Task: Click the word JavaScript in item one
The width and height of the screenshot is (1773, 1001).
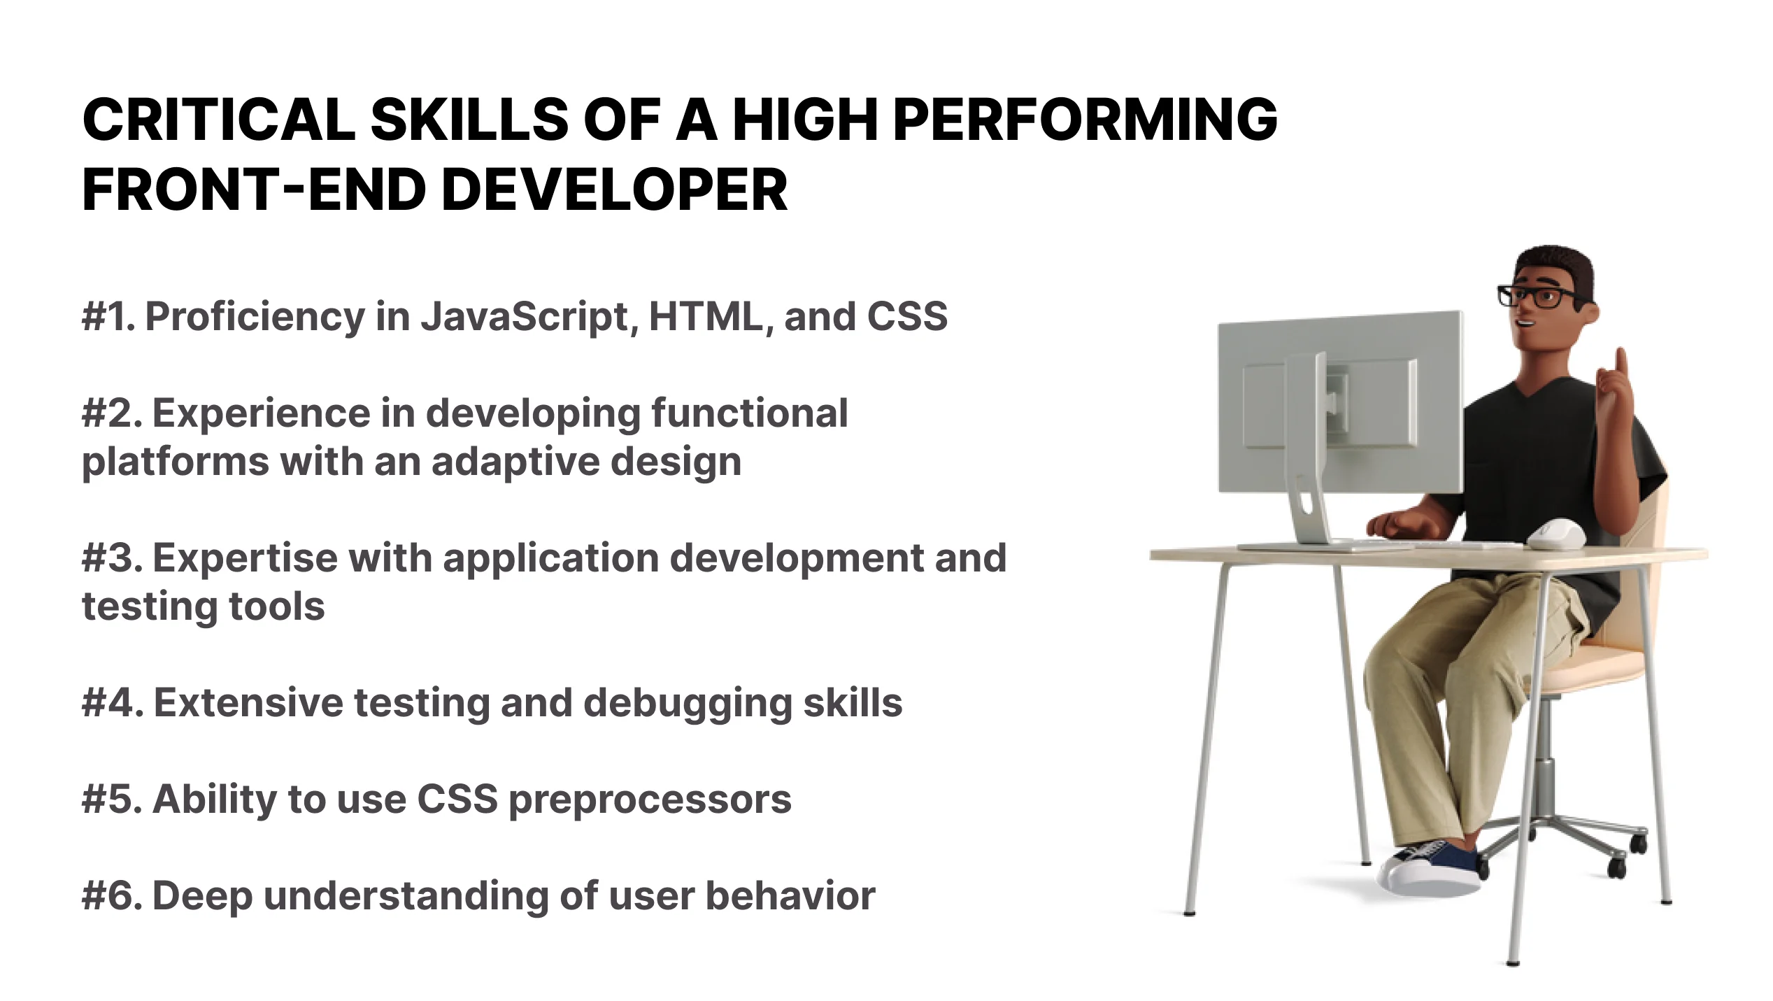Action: point(529,317)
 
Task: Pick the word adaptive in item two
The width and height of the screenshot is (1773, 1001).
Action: point(515,462)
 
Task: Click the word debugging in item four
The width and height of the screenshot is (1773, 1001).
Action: point(688,704)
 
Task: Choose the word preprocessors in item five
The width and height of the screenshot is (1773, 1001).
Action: point(650,800)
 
